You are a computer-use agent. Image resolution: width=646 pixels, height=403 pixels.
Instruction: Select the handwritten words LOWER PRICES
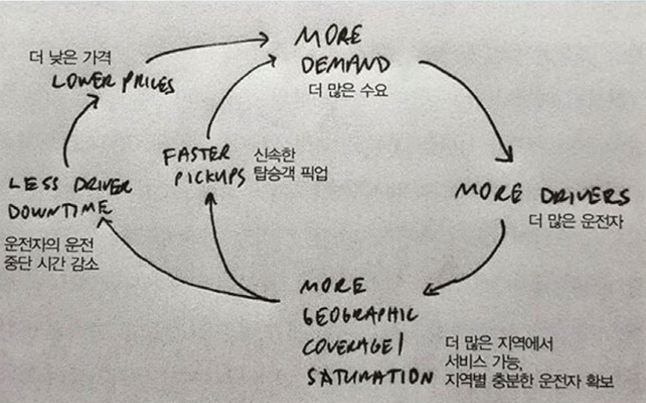[x=113, y=83]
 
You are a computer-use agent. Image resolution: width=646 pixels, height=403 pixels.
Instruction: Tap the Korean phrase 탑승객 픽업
[x=289, y=174]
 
